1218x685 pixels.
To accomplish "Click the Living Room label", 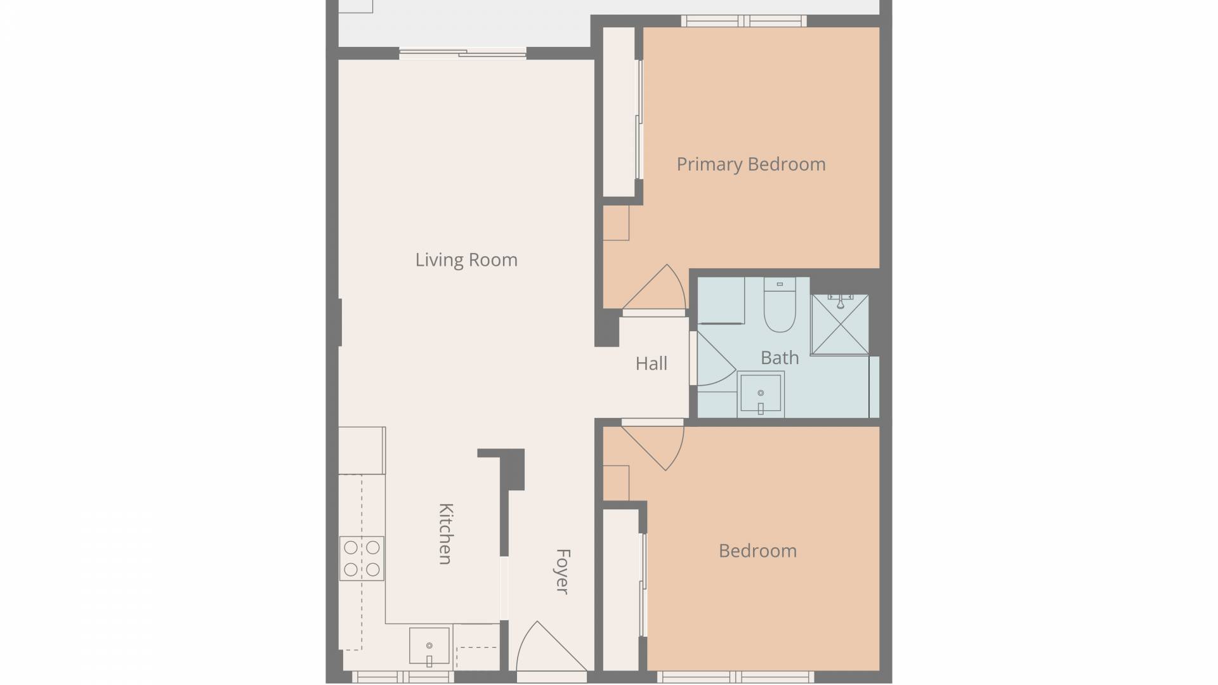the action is click(x=466, y=260).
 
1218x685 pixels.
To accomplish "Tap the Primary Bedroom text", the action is click(x=751, y=164).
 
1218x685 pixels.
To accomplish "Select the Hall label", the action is click(x=652, y=363).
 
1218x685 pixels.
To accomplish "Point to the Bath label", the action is click(x=780, y=358).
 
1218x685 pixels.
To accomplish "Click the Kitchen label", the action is click(x=446, y=533).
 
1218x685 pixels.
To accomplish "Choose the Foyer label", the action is click(x=562, y=571).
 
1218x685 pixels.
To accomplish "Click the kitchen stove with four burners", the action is click(x=362, y=558).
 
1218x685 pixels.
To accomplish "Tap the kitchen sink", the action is click(x=429, y=648).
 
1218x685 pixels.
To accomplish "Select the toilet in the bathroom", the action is click(x=780, y=304).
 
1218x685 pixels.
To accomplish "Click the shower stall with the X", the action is click(x=840, y=324).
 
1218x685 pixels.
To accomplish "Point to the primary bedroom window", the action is click(x=744, y=21).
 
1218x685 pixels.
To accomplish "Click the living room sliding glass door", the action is click(x=462, y=54).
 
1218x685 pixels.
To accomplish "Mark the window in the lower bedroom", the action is click(x=735, y=677).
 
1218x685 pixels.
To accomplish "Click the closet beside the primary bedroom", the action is click(x=619, y=112).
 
